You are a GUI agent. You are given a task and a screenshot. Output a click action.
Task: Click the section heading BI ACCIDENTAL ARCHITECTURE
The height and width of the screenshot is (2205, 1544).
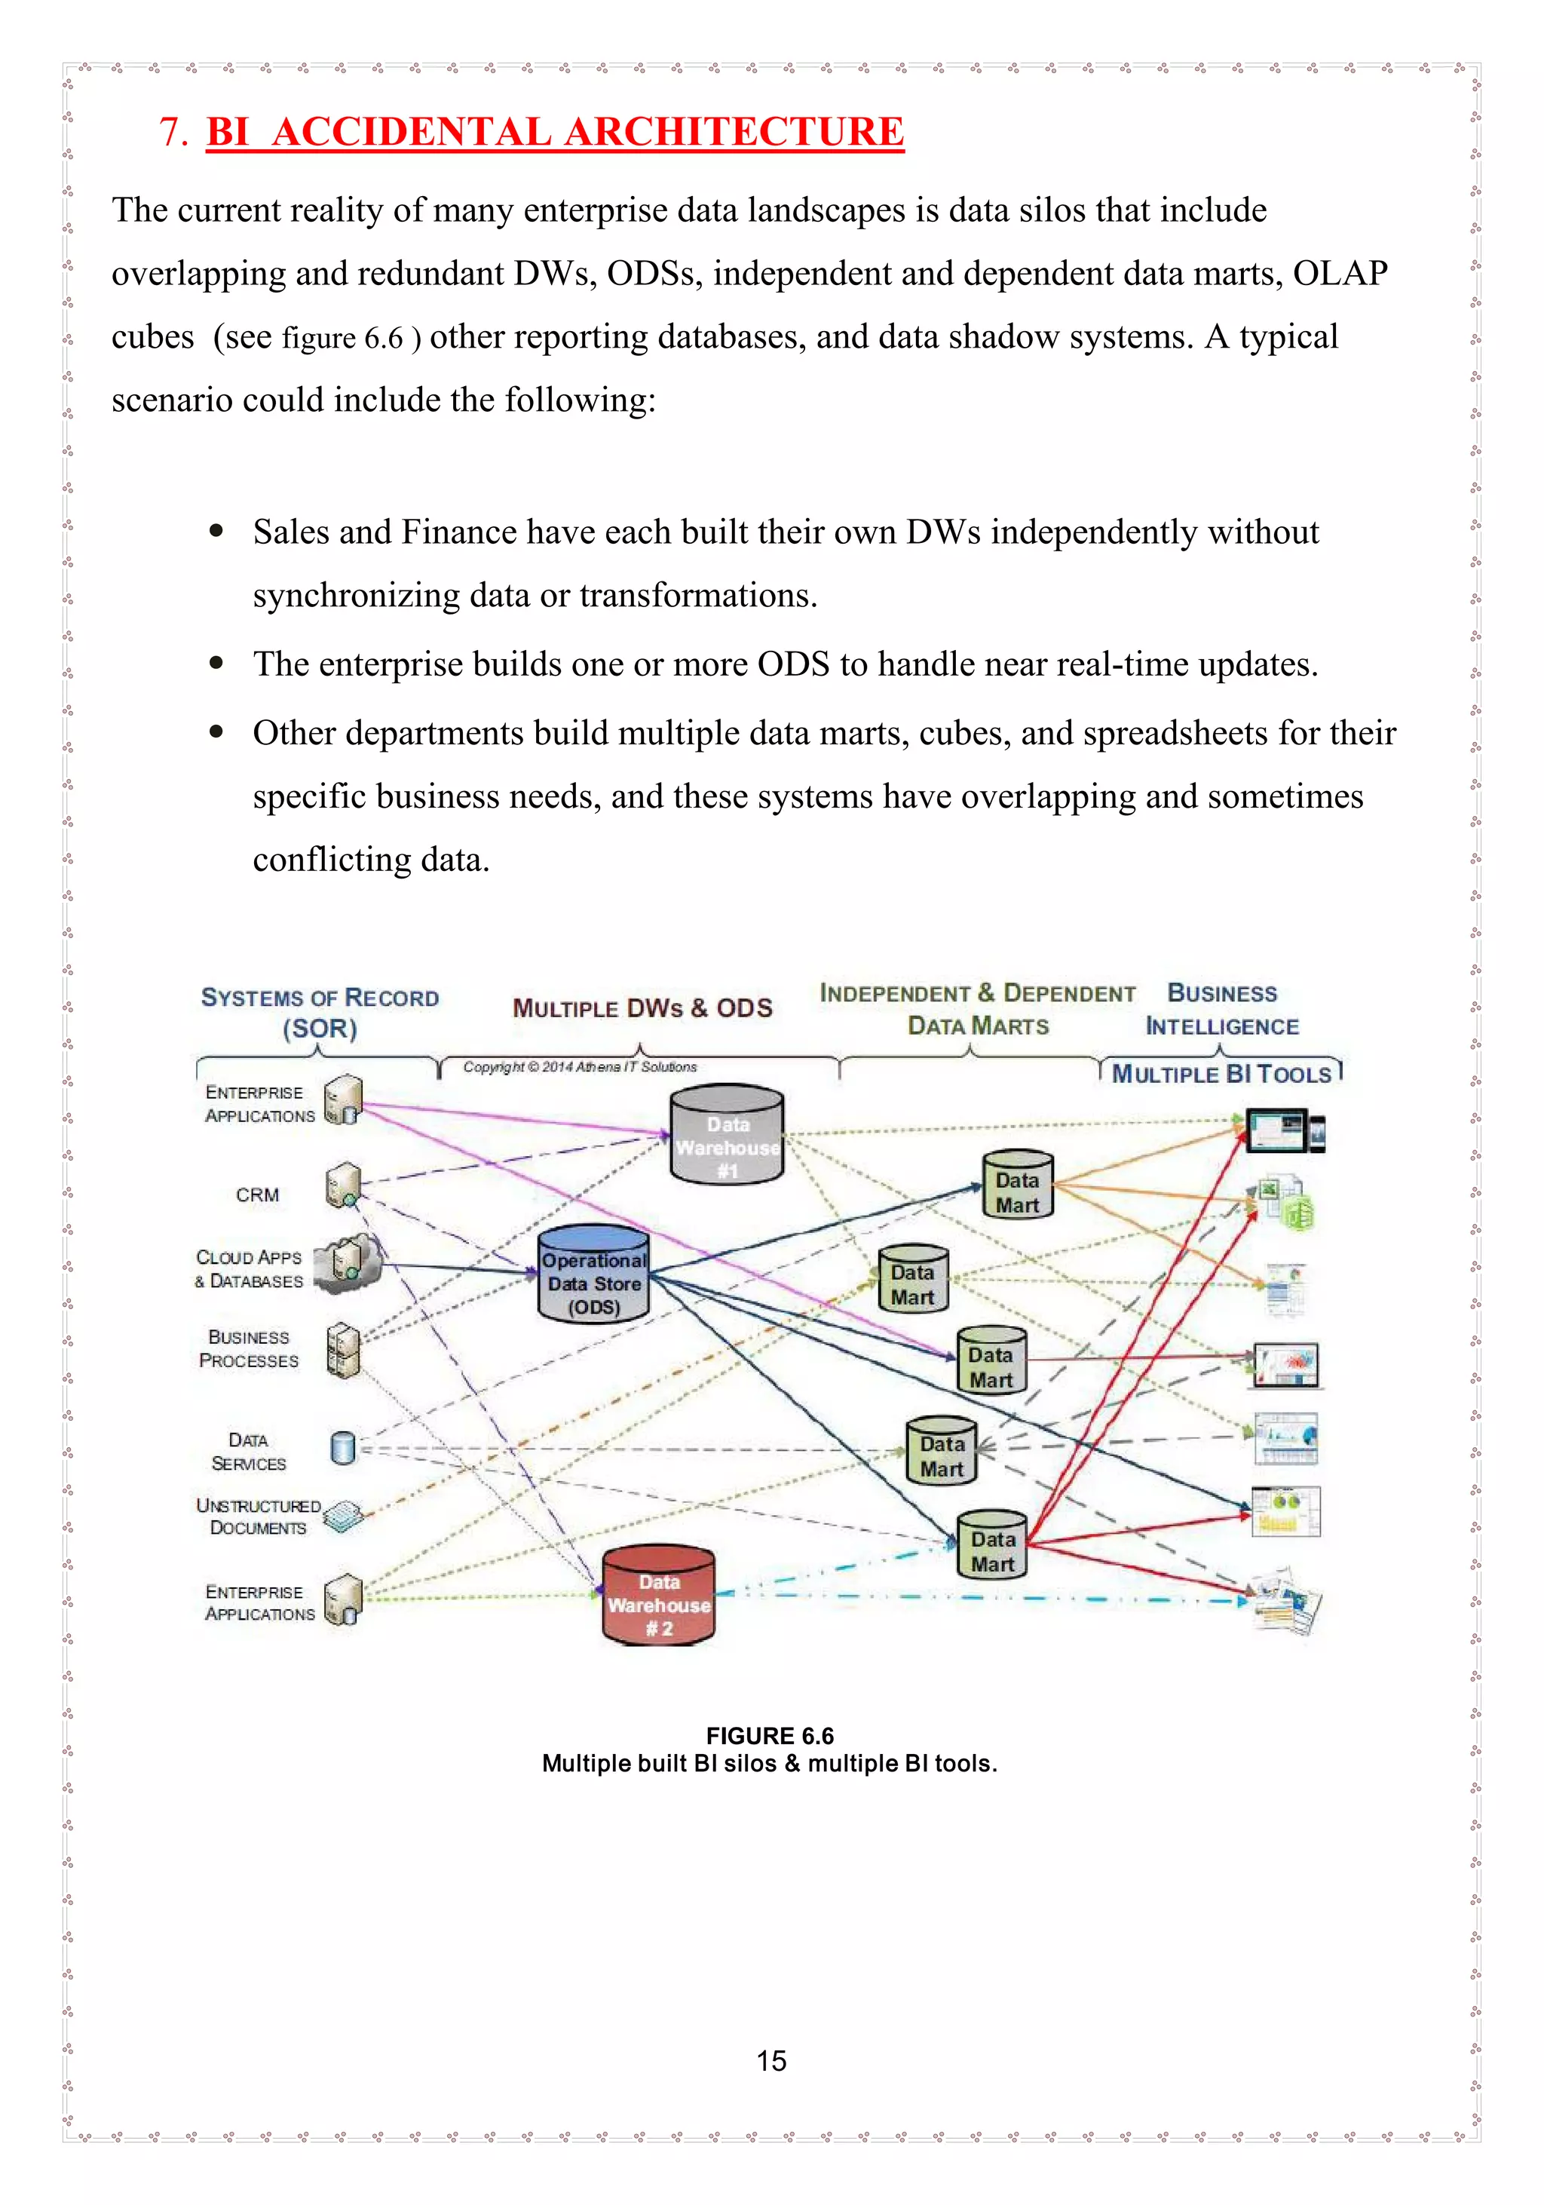(554, 131)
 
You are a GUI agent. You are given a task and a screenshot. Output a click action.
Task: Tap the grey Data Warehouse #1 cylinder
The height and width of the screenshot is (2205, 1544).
(727, 1135)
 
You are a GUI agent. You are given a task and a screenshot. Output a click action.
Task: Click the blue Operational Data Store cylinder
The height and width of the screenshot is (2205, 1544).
(593, 1275)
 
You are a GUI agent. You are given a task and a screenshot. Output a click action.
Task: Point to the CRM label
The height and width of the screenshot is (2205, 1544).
(257, 1195)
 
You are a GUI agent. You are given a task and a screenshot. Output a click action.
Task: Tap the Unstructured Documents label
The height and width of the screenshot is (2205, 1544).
(257, 1517)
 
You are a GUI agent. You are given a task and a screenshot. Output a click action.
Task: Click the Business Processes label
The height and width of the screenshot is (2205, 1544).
(249, 1348)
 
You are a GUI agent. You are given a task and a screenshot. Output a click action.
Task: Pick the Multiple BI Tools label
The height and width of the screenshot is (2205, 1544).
(1221, 1074)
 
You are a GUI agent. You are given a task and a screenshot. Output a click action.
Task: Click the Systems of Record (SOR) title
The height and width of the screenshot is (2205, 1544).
(320, 1012)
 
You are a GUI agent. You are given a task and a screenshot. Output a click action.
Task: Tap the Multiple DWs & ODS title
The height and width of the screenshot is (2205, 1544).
(642, 1008)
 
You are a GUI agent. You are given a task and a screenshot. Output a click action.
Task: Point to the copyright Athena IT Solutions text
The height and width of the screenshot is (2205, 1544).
(580, 1067)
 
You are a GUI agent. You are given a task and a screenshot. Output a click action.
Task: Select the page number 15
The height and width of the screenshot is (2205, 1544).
(771, 2060)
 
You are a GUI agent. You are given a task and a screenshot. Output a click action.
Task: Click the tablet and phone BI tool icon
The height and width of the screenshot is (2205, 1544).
(1285, 1130)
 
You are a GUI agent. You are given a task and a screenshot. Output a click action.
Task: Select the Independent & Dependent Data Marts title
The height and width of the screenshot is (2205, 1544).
(978, 1008)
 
